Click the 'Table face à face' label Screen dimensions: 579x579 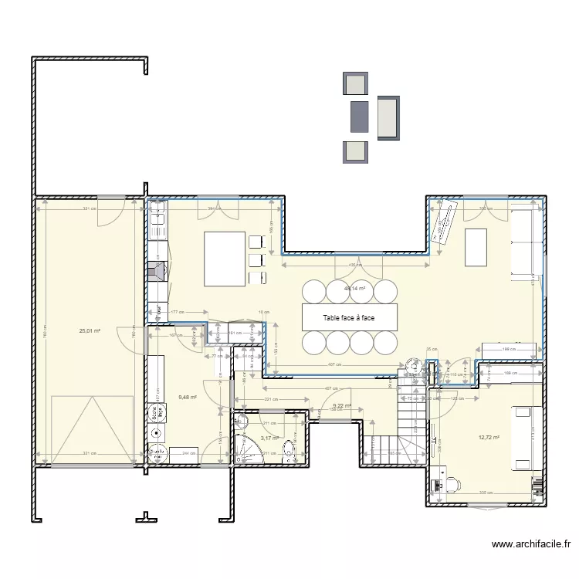point(349,317)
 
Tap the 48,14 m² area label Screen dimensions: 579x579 point(354,288)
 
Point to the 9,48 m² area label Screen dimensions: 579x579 point(188,398)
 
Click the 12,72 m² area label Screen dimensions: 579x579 point(489,437)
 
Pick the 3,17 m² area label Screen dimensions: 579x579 point(268,438)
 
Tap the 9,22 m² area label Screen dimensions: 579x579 point(341,406)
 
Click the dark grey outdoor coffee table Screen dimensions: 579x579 point(358,116)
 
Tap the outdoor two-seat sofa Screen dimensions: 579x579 point(388,117)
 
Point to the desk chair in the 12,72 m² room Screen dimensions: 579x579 point(451,483)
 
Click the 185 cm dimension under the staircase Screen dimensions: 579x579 point(392,454)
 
